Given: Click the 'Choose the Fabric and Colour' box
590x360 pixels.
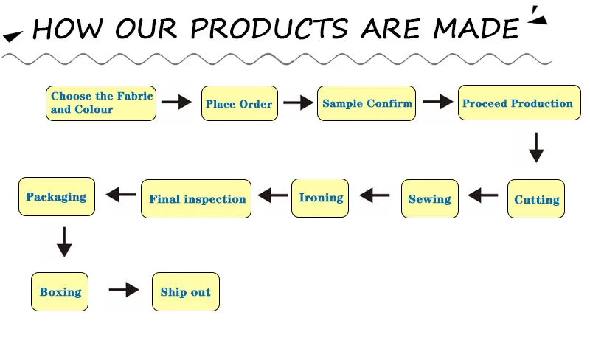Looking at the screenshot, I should (x=102, y=103).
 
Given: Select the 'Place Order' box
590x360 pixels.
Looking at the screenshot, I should (x=239, y=104).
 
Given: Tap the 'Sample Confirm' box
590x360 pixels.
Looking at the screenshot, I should (x=367, y=103).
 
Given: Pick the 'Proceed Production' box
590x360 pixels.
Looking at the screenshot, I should (x=518, y=103).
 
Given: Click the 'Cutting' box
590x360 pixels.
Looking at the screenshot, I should (x=536, y=199).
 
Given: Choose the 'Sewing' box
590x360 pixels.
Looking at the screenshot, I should (x=429, y=198).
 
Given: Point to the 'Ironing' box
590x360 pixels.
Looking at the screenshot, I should (x=320, y=198).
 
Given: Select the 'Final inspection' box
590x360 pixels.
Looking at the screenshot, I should (x=197, y=198).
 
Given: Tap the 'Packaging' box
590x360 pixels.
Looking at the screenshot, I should (x=56, y=197).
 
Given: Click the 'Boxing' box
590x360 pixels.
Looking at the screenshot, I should (x=60, y=291).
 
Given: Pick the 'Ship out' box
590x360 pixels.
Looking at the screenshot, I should (x=185, y=291).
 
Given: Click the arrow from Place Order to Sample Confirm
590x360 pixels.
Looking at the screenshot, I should (x=298, y=103).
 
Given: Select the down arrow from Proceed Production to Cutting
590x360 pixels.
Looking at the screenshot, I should (x=536, y=148).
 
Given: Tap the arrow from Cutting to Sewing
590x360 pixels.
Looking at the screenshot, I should (x=483, y=195).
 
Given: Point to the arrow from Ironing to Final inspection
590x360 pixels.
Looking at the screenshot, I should (x=273, y=195).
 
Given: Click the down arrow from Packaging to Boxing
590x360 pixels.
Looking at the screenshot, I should (x=64, y=242).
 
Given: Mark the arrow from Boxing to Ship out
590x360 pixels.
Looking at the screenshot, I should (x=123, y=290).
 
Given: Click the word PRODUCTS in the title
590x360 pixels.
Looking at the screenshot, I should (x=269, y=29).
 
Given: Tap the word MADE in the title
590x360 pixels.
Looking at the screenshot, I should (x=476, y=29).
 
